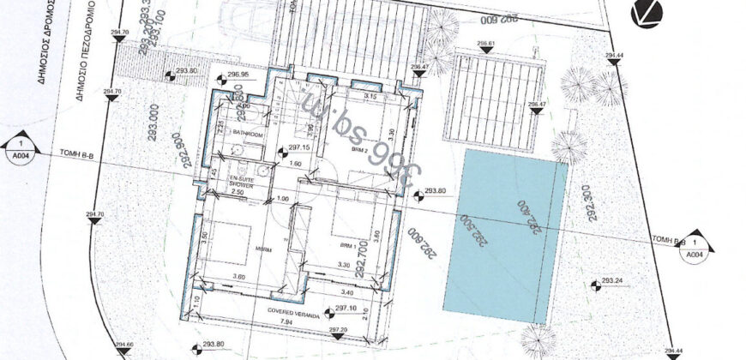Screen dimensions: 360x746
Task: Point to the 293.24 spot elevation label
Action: (611, 281)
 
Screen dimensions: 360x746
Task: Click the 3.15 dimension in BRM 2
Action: (346, 97)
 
